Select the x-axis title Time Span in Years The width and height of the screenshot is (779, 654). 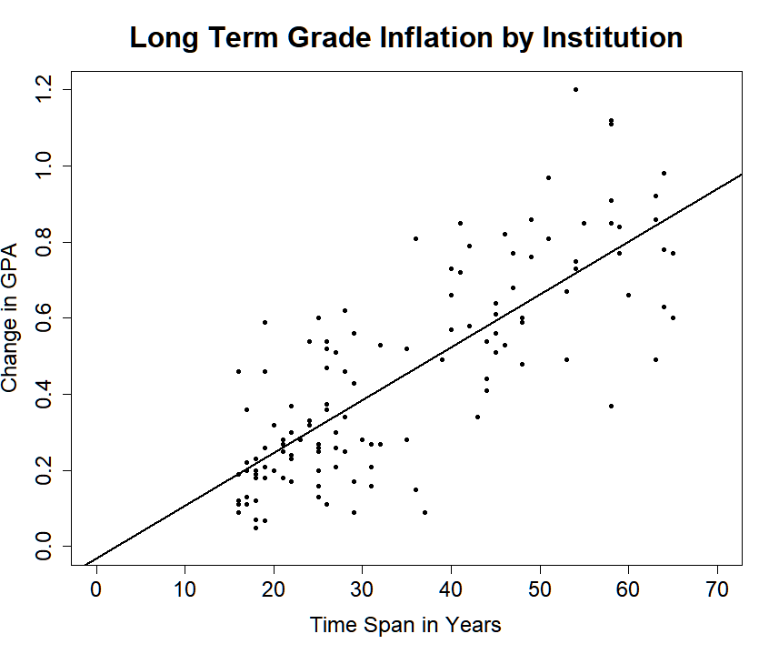[405, 626]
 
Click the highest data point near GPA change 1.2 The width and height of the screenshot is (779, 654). [575, 89]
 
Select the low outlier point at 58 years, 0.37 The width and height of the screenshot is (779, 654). [611, 406]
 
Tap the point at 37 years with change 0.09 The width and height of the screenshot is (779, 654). [424, 512]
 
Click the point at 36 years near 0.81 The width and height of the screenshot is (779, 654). [415, 238]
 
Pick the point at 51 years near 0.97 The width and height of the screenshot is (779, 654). [548, 177]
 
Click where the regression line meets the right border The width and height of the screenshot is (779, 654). [742, 174]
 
